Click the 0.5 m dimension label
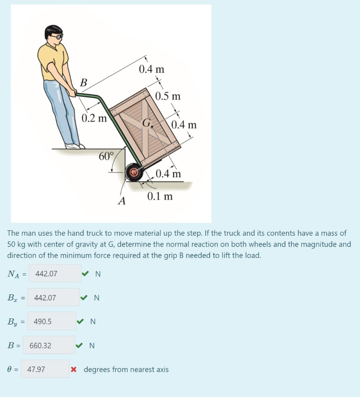tap(168, 96)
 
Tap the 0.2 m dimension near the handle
tap(94, 118)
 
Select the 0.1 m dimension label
tap(160, 196)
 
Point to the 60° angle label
tap(106, 156)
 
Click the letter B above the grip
tap(83, 83)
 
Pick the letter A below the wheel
tap(122, 201)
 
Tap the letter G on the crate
tap(146, 123)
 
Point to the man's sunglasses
tap(57, 36)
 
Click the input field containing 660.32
tap(49, 345)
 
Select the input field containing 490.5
tap(52, 321)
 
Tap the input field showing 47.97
tap(45, 369)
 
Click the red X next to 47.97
tap(74, 369)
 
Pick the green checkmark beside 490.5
tap(80, 321)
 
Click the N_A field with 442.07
tap(55, 274)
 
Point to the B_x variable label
tap(12, 298)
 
